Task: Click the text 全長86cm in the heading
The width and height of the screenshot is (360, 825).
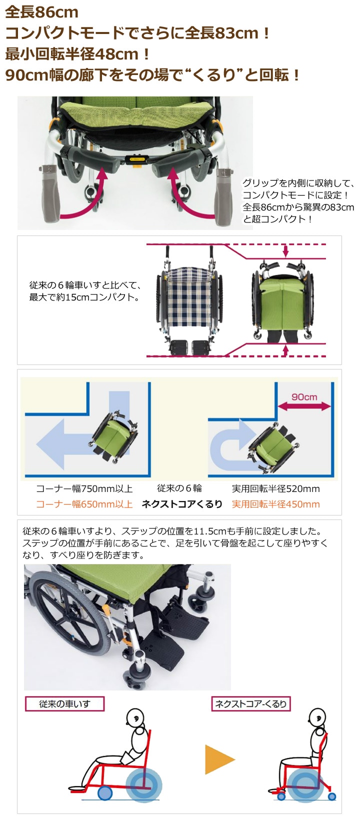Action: pyautogui.click(x=42, y=11)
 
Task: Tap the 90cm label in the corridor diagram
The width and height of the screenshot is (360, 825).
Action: pyautogui.click(x=304, y=396)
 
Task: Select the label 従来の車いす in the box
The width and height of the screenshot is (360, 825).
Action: pyautogui.click(x=64, y=704)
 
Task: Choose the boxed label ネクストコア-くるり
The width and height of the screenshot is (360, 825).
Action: pyautogui.click(x=250, y=704)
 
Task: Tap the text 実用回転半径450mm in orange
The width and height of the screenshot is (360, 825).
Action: pyautogui.click(x=275, y=504)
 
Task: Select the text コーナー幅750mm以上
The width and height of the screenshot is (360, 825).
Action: pyautogui.click(x=84, y=488)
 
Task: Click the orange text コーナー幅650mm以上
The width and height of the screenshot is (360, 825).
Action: pyautogui.click(x=84, y=504)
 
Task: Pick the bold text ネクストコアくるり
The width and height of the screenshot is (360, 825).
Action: pyautogui.click(x=182, y=504)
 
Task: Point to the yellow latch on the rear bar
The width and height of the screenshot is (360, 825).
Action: pyautogui.click(x=135, y=159)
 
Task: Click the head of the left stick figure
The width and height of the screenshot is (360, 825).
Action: pyautogui.click(x=135, y=718)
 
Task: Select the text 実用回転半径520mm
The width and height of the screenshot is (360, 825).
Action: pyautogui.click(x=275, y=488)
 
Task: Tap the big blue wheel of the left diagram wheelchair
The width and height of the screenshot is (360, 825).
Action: pyautogui.click(x=143, y=785)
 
